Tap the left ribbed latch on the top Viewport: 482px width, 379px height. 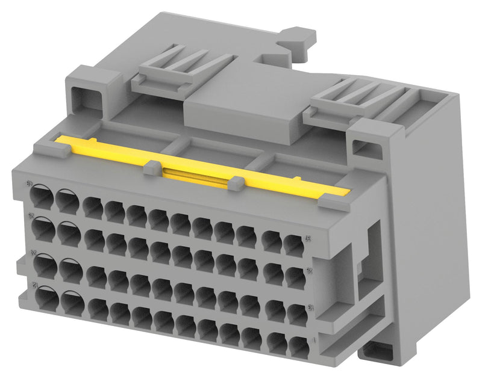point(181,66)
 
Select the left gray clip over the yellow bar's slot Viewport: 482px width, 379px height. point(153,169)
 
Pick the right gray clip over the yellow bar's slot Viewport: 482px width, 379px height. point(236,183)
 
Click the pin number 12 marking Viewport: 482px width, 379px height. point(28,284)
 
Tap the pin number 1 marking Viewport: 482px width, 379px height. point(315,341)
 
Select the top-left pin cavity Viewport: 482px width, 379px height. point(41,196)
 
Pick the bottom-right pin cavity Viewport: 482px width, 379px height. point(298,346)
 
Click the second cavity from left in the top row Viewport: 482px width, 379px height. point(67,200)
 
